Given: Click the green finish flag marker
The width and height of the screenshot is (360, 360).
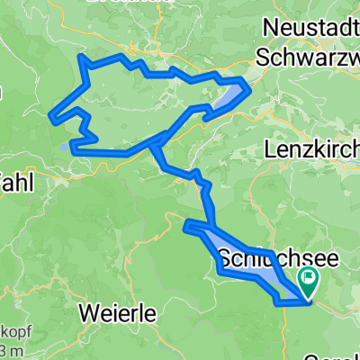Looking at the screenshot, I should (x=310, y=283).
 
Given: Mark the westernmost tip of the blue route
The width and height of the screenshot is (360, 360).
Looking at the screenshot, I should (x=52, y=115).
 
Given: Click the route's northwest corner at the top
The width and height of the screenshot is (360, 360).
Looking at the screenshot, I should (x=83, y=58).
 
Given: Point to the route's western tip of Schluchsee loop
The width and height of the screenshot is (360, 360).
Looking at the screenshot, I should (x=186, y=225).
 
